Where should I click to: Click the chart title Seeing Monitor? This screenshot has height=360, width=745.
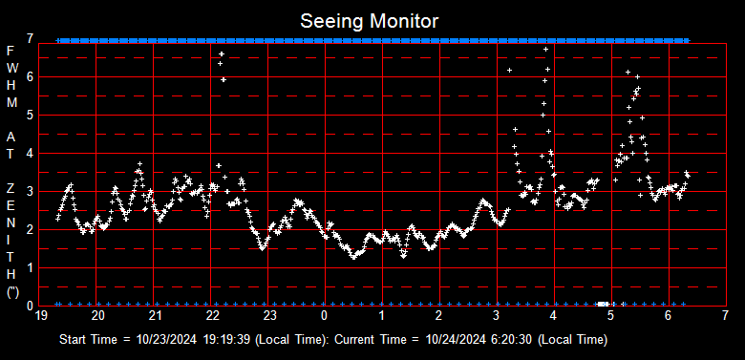[371, 20]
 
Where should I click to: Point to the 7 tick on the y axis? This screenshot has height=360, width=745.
[32, 38]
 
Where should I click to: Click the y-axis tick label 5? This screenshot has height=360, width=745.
[32, 115]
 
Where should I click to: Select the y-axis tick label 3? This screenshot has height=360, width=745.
[32, 191]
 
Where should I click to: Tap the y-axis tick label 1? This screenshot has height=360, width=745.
[32, 267]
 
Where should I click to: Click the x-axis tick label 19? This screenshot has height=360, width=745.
[41, 315]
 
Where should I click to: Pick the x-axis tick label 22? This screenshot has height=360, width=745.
[212, 315]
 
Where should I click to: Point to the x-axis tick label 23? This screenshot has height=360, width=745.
[269, 315]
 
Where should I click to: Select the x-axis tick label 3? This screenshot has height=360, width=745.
[497, 315]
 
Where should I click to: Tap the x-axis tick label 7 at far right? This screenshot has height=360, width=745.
[725, 315]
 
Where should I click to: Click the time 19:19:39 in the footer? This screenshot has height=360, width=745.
[223, 339]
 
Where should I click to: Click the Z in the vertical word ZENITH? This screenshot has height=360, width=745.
[11, 189]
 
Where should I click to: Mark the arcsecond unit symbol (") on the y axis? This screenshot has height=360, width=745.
[11, 292]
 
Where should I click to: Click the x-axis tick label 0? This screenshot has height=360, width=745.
[326, 315]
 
